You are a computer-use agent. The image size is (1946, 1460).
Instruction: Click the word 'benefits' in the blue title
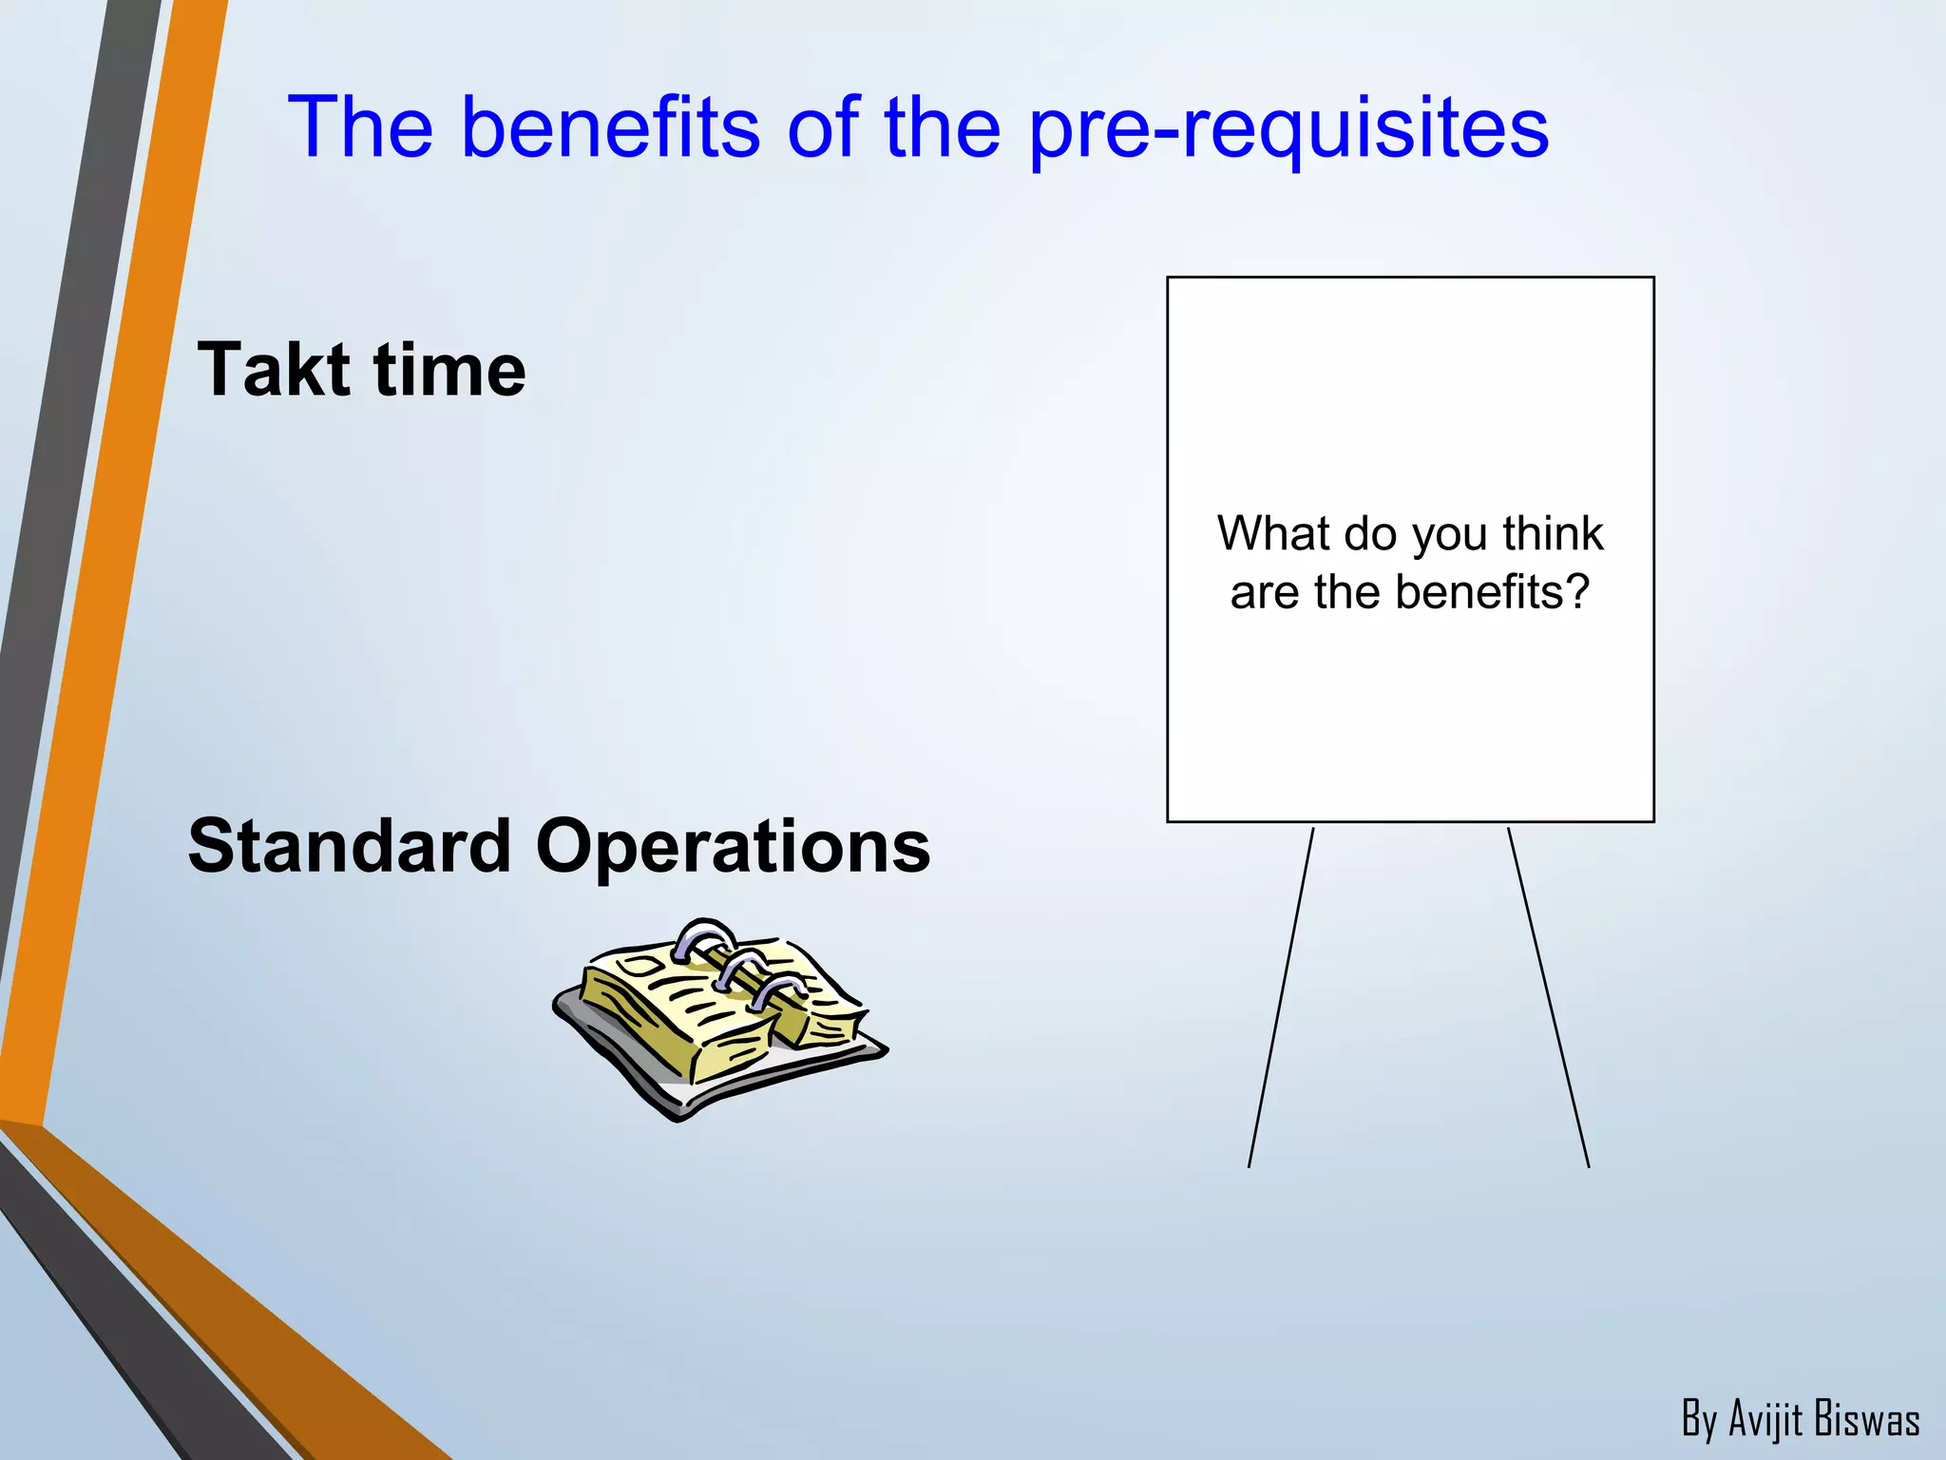[610, 127]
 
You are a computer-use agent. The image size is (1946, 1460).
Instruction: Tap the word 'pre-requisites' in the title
[1288, 129]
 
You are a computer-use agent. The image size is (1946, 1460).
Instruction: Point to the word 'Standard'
[350, 845]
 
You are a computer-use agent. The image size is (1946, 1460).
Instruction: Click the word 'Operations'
[733, 847]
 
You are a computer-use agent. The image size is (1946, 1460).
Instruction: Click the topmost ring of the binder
[702, 936]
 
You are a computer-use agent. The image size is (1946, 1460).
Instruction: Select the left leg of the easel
[1280, 998]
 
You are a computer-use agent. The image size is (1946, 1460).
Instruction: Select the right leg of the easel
[1549, 998]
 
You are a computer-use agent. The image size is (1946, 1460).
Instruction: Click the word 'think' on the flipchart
[1553, 533]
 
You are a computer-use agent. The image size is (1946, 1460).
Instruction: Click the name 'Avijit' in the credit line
[1765, 1419]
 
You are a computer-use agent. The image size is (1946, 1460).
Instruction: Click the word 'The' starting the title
[360, 127]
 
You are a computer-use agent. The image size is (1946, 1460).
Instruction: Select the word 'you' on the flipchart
[1452, 535]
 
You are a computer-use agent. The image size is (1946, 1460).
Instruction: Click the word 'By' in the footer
[1700, 1420]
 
